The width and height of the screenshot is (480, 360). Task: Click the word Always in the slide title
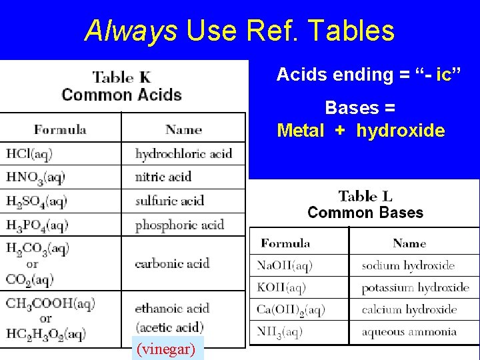pos(131,31)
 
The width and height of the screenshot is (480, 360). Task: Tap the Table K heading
pos(122,77)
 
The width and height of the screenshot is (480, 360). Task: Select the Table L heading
pos(365,196)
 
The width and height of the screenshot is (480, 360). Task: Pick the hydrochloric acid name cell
pos(184,154)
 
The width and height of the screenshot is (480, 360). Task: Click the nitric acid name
pos(163,177)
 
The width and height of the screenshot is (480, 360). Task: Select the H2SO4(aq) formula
pos(37,201)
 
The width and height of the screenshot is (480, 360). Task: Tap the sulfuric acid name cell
pos(169,201)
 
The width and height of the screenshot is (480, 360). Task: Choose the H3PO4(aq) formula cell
pos(37,225)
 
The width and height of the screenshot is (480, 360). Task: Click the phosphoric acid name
pos(179,225)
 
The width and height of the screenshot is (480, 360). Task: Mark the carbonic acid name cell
pos(172,263)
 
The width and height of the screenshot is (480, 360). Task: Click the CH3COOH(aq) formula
pos(51,304)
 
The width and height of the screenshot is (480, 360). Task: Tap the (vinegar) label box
pos(165,349)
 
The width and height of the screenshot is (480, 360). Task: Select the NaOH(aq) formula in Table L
pos(285,265)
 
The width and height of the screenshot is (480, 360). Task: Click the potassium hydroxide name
pos(415,288)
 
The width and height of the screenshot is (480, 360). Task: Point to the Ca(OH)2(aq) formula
pos(291,310)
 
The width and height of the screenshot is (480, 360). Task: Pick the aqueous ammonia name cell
pos(409,331)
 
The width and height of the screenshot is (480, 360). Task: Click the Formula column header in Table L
pos(285,243)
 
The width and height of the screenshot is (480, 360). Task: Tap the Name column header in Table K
pos(183,129)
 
